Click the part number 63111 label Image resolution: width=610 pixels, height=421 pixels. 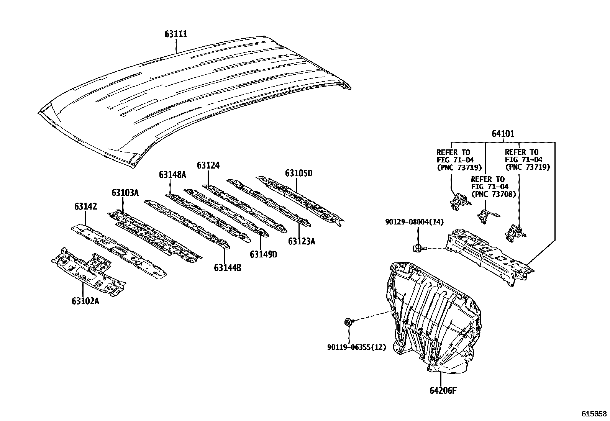click(176, 34)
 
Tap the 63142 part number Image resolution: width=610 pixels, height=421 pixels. click(85, 207)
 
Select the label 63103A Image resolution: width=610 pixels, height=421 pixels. click(125, 192)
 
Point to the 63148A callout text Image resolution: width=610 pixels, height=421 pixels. click(172, 175)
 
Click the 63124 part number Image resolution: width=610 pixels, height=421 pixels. click(208, 165)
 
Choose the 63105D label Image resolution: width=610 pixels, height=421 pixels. click(298, 173)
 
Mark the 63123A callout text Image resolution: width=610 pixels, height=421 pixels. click(302, 241)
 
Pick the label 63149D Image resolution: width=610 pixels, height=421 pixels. click(263, 254)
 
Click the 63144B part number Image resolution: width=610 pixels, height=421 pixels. click(228, 268)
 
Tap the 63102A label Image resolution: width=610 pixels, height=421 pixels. click(85, 301)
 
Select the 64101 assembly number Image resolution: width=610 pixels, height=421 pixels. click(503, 134)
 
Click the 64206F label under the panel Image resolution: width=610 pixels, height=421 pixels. click(443, 391)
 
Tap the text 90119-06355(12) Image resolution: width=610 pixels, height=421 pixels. click(356, 347)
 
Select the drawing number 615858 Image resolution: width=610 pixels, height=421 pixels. click(594, 414)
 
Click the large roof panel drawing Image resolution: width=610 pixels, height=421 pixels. click(192, 100)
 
